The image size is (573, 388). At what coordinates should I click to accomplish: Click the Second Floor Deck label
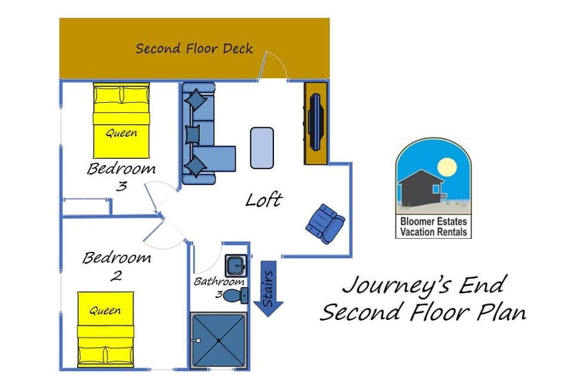click(x=194, y=48)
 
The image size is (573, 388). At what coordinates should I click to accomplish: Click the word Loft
click(x=263, y=200)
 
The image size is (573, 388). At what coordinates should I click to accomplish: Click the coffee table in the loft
click(x=262, y=147)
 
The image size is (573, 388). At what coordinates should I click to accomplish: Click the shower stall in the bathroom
click(x=218, y=340)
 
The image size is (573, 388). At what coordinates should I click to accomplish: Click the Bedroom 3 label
click(x=121, y=176)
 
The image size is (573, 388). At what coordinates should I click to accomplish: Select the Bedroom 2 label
click(x=116, y=266)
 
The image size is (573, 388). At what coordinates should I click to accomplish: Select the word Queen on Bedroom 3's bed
click(x=121, y=133)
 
